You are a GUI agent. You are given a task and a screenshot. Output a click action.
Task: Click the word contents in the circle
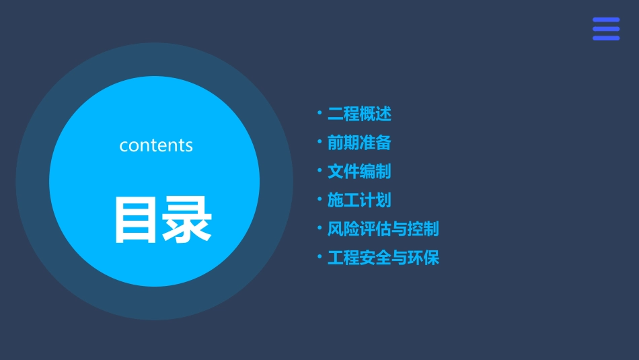(156, 145)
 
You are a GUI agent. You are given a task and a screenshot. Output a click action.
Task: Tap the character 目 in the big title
(137, 219)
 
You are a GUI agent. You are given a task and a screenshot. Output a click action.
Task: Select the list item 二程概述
(359, 114)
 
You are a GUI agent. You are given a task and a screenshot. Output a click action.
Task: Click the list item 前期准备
(359, 143)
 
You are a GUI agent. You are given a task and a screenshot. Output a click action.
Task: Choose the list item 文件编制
(359, 172)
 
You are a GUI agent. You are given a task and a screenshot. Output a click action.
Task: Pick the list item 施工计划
(359, 201)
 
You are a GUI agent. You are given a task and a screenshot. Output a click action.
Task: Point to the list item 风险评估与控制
(383, 229)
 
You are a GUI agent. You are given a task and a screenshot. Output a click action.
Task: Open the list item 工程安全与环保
(383, 258)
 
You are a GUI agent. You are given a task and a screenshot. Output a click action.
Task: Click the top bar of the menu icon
(606, 20)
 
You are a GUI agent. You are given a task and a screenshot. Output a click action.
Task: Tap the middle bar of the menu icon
(606, 29)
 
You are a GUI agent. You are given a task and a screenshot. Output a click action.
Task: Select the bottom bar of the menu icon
(606, 38)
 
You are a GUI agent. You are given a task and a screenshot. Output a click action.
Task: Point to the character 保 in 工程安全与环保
(431, 258)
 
